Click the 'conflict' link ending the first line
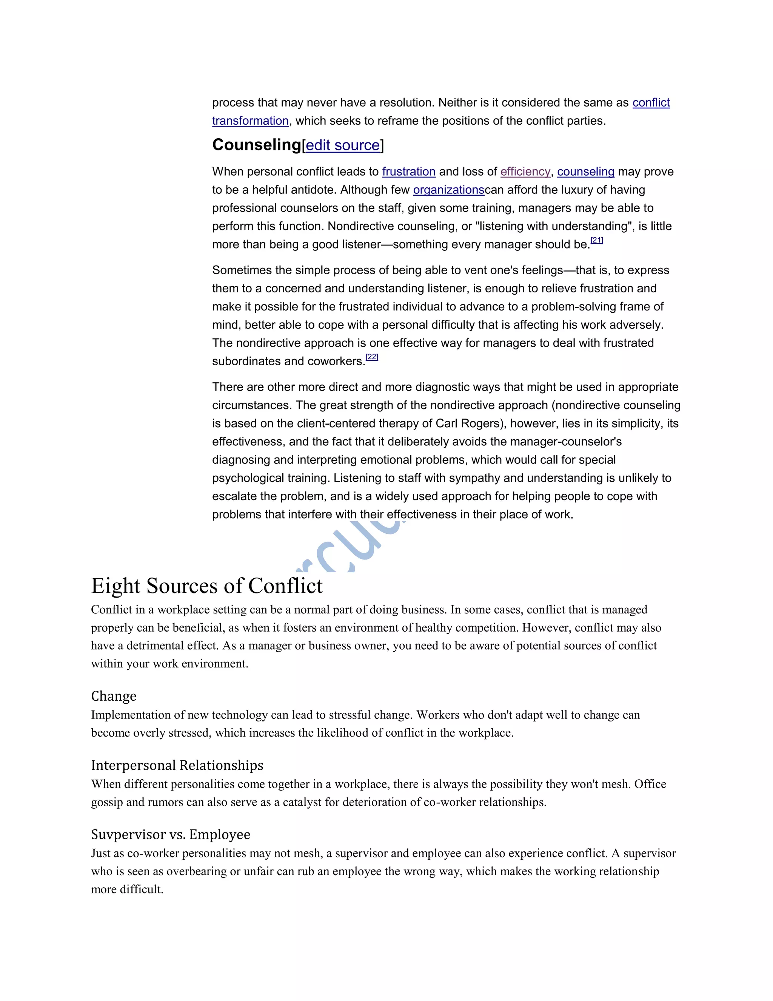(x=651, y=103)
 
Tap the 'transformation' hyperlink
(x=250, y=121)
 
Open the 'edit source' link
(x=343, y=145)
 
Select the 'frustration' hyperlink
(x=408, y=172)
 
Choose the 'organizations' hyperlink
(x=448, y=190)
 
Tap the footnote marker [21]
(x=597, y=240)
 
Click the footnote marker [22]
(x=372, y=357)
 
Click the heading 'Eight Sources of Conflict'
(x=206, y=586)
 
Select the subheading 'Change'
(x=114, y=696)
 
